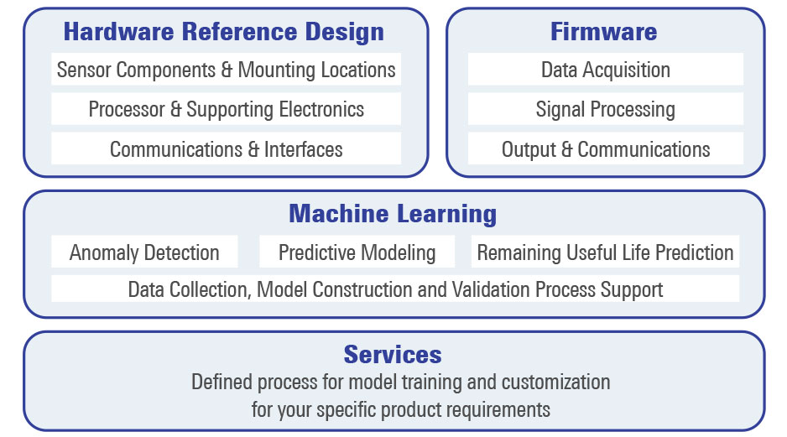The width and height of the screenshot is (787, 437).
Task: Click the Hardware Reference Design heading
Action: [x=224, y=33]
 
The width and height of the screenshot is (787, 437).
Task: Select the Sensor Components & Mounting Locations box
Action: [x=226, y=70]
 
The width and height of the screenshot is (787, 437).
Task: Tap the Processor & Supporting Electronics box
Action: [x=226, y=109]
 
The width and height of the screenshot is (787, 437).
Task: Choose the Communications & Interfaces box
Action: [x=226, y=149]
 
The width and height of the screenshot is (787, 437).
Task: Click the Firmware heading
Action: [x=604, y=33]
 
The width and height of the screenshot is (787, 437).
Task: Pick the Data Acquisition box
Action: [x=605, y=70]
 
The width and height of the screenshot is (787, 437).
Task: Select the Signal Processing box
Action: [x=605, y=109]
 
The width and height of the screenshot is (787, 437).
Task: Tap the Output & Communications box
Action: [x=605, y=149]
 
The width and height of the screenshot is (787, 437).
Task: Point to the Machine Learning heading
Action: [x=393, y=214]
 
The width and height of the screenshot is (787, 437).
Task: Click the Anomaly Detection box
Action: [x=144, y=252]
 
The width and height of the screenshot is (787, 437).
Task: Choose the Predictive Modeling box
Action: [x=357, y=252]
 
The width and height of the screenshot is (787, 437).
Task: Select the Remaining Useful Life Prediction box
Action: [x=605, y=252]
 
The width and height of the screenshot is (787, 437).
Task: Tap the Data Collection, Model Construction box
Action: [x=395, y=289]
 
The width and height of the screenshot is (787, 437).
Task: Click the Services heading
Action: [x=393, y=354]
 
